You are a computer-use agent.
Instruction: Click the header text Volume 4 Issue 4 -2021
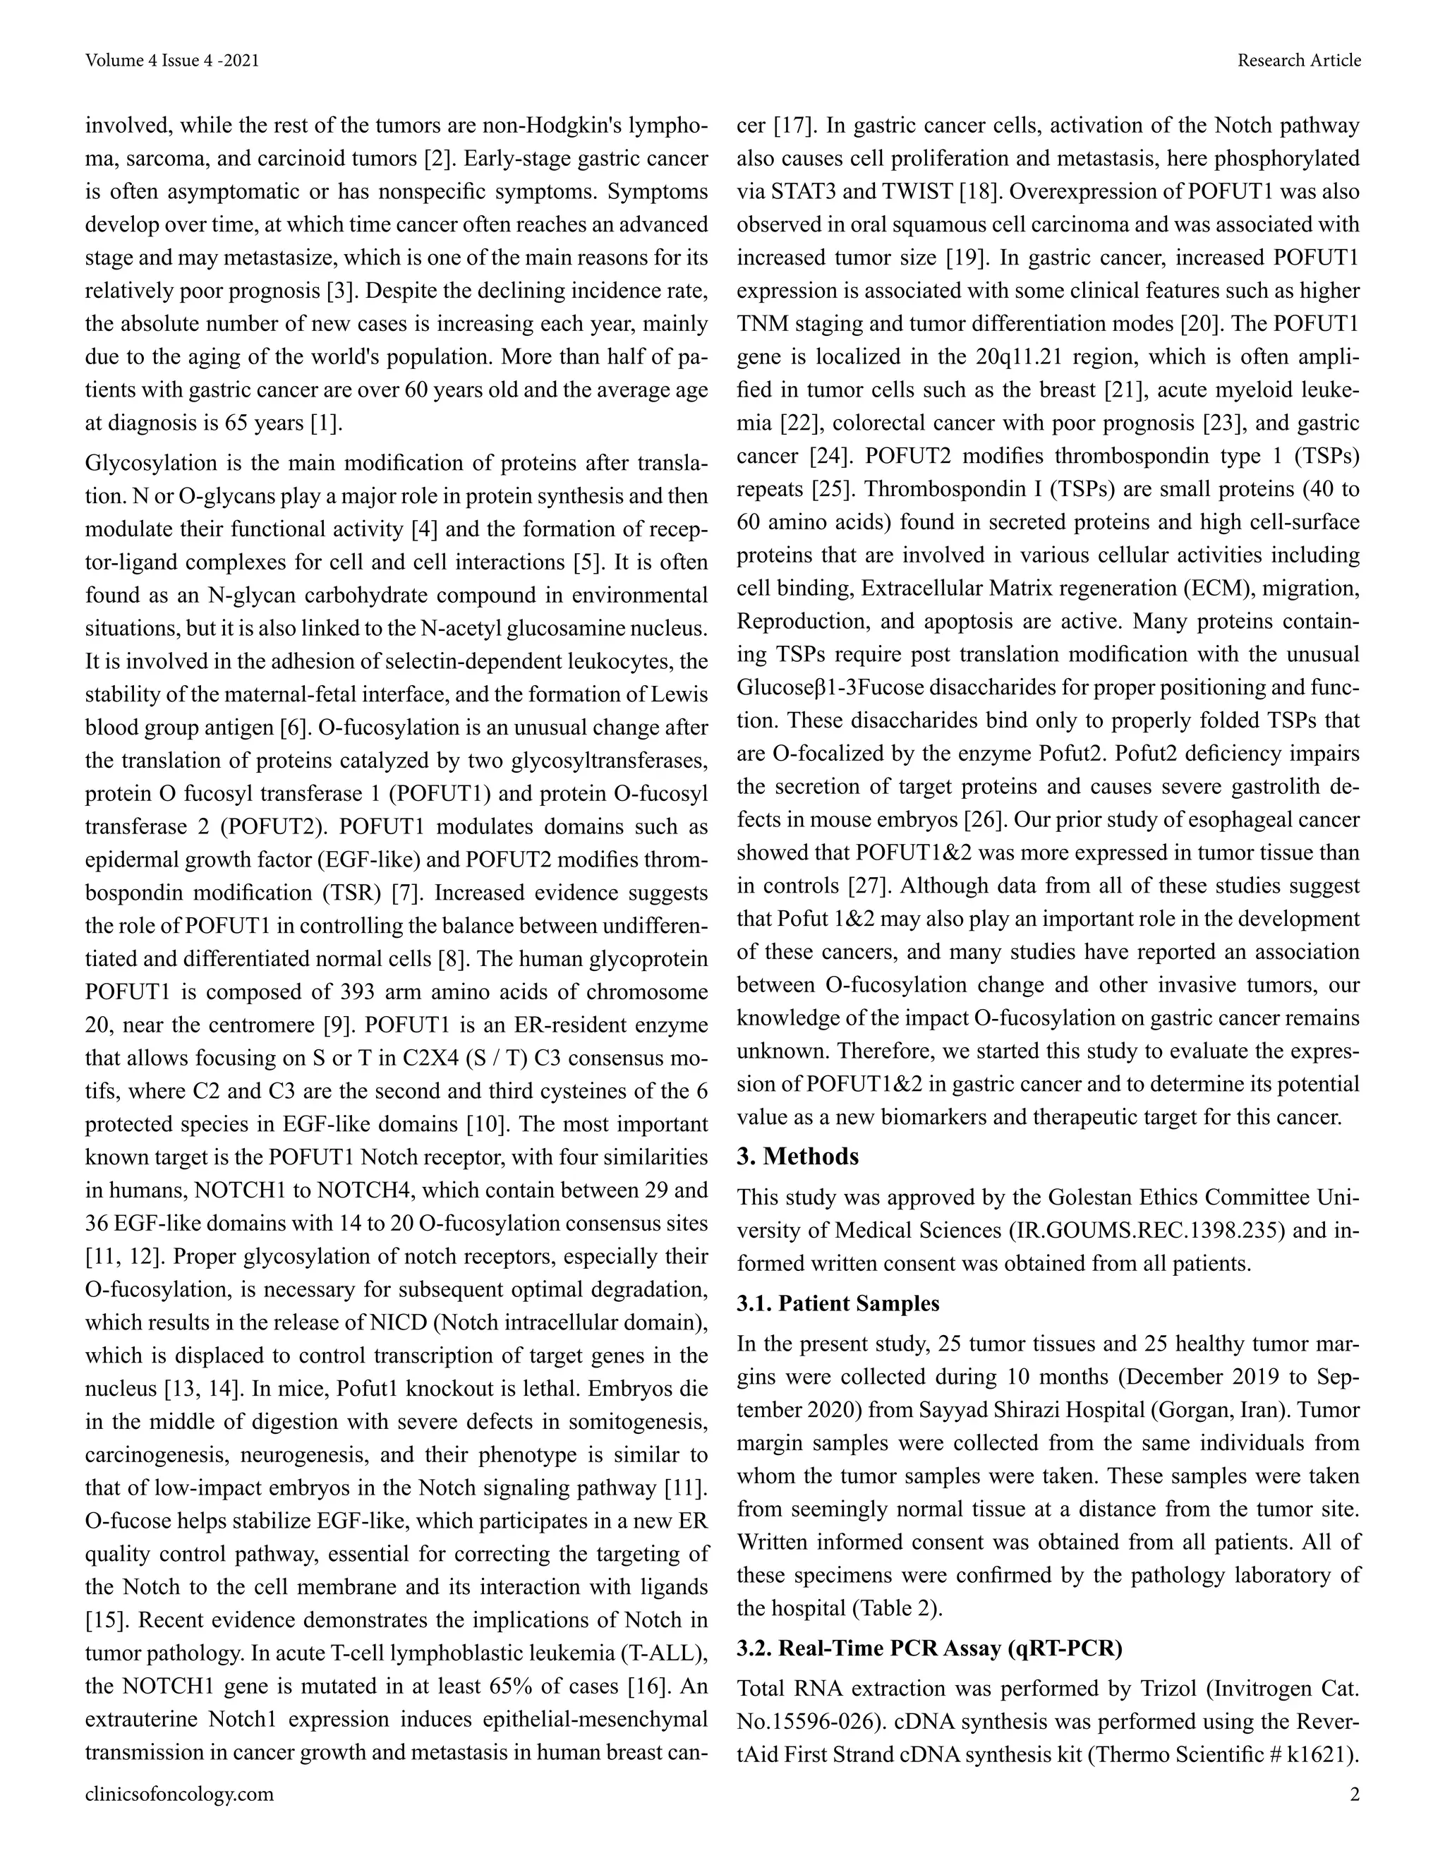click(x=172, y=61)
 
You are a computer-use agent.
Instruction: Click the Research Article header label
click(x=1299, y=61)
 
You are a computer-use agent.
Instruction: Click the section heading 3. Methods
click(x=797, y=1157)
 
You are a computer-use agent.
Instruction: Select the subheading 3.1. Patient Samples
click(x=838, y=1303)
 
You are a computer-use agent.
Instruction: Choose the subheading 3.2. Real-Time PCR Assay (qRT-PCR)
click(x=929, y=1648)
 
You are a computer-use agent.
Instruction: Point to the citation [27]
click(x=866, y=886)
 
